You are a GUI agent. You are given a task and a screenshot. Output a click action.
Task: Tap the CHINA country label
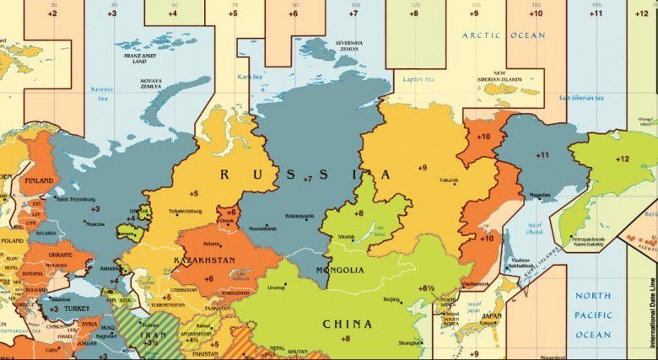pos(346,323)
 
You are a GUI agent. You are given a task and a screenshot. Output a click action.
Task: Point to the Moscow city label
pos(95,223)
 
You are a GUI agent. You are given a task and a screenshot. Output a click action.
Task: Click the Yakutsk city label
pos(425,180)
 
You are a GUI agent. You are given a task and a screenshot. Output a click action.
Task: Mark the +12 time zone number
pos(623,159)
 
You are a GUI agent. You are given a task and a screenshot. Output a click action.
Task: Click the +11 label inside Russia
pos(542,155)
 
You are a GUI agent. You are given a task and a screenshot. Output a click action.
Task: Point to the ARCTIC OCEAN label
pos(504,35)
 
